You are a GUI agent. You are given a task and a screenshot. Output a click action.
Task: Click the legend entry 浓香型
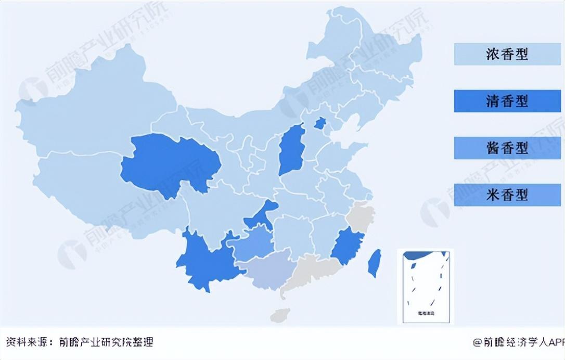pyautogui.click(x=507, y=54)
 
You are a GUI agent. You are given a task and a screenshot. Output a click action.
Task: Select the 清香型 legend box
pyautogui.click(x=507, y=101)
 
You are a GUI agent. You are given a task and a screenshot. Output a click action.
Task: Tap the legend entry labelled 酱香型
pyautogui.click(x=507, y=148)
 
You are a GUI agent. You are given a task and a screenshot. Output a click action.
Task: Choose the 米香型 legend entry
pyautogui.click(x=507, y=195)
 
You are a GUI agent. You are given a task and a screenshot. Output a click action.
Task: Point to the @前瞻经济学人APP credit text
pyautogui.click(x=518, y=342)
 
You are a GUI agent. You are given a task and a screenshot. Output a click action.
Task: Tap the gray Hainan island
pyautogui.click(x=281, y=315)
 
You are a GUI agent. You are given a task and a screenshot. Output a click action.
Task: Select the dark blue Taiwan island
pyautogui.click(x=374, y=263)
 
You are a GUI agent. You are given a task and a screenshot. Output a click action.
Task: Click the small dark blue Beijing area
pyautogui.click(x=321, y=123)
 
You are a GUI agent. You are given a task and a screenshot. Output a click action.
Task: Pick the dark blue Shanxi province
pyautogui.click(x=292, y=150)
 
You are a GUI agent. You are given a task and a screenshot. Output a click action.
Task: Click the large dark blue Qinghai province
pyautogui.click(x=169, y=164)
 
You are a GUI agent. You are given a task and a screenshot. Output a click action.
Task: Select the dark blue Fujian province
pyautogui.click(x=346, y=245)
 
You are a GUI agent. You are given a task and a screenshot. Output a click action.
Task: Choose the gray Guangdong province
pyautogui.click(x=312, y=271)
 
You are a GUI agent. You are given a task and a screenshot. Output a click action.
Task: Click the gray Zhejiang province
pyautogui.click(x=361, y=219)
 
